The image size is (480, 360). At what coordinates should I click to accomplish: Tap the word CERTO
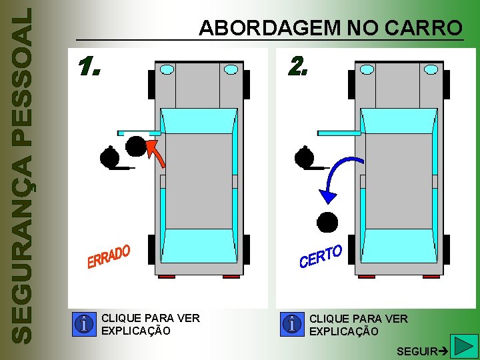(321, 256)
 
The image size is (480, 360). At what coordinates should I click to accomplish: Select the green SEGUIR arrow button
(461, 347)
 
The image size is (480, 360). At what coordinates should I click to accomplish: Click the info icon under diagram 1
(85, 325)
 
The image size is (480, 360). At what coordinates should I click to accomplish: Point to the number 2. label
(297, 65)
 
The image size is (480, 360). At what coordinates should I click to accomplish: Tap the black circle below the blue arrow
(327, 221)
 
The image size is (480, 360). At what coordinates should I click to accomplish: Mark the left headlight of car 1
(167, 69)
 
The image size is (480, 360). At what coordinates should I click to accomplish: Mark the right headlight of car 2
(431, 69)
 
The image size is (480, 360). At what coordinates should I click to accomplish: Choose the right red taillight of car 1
(231, 276)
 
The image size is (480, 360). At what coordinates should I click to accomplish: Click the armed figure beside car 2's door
(305, 157)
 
